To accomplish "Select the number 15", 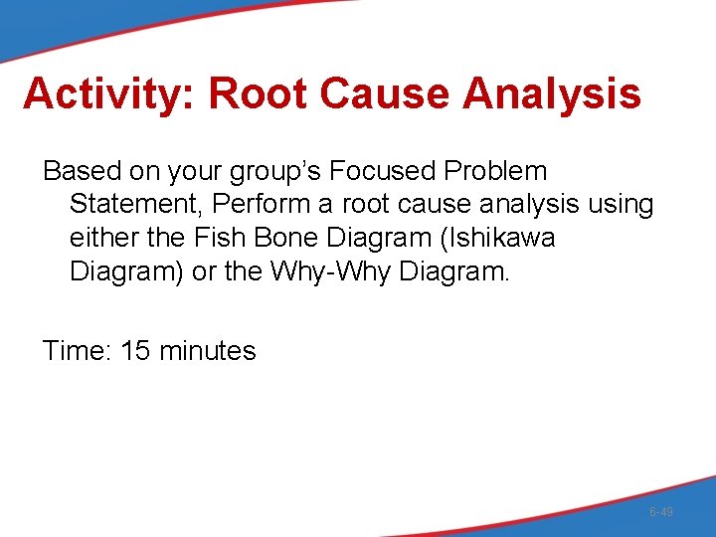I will click(x=136, y=350).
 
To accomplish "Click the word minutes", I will click(x=208, y=350).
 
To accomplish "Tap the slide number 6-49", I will click(x=660, y=512).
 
